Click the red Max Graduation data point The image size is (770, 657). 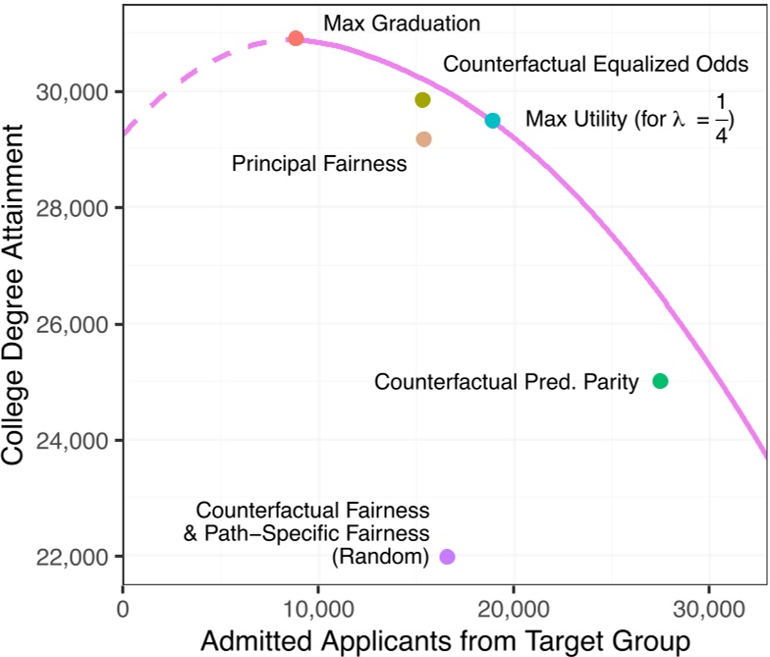(296, 38)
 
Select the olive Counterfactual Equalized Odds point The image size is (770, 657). (422, 100)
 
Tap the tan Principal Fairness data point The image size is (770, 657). (423, 139)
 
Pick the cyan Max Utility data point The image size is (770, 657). (493, 121)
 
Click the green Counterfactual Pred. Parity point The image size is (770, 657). (660, 381)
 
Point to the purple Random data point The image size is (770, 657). (447, 557)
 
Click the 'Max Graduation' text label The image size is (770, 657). (387, 22)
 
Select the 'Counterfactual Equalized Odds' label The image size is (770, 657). (596, 64)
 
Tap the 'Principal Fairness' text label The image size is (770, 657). (319, 164)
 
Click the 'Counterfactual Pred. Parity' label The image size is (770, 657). (507, 381)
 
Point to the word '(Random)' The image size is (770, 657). (380, 557)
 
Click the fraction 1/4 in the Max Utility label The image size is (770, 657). (721, 120)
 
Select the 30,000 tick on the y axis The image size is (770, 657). (79, 91)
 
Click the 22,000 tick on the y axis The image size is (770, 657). (79, 557)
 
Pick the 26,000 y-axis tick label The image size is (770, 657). (79, 324)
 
